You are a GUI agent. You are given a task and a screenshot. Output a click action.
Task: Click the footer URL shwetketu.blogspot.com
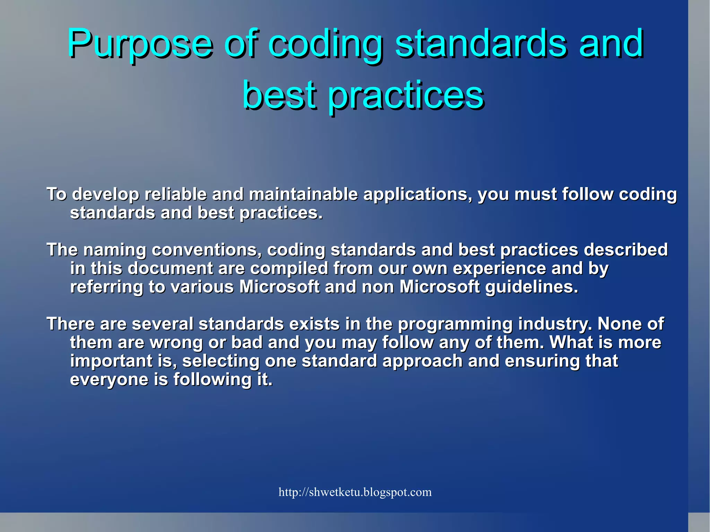355,492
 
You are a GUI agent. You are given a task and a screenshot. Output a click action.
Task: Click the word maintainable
303,194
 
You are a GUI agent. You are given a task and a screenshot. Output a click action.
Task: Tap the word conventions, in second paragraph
206,250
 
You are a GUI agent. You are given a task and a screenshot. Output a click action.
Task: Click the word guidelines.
531,287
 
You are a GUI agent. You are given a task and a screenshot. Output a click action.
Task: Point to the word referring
106,287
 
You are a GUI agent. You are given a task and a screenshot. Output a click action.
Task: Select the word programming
455,324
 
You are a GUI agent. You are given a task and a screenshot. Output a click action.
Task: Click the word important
111,361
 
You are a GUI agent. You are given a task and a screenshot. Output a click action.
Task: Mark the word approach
422,361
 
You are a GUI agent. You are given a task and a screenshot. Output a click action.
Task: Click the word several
162,324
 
